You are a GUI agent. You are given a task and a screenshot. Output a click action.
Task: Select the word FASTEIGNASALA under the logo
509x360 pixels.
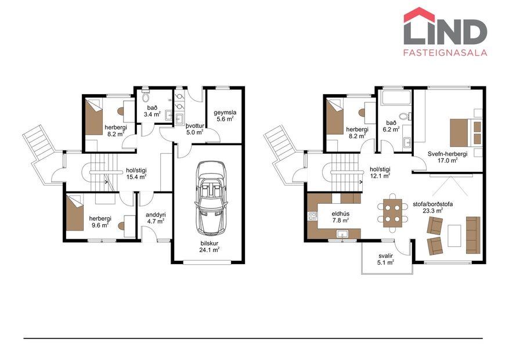[445, 52]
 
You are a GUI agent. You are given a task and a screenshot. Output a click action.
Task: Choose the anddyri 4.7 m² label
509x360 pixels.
[155, 217]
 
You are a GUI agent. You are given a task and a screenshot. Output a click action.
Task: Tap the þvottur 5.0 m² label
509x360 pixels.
[194, 128]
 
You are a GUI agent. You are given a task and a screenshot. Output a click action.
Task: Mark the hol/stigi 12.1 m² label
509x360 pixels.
[380, 172]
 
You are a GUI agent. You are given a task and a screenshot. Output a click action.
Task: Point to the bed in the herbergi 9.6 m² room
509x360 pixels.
[77, 213]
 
